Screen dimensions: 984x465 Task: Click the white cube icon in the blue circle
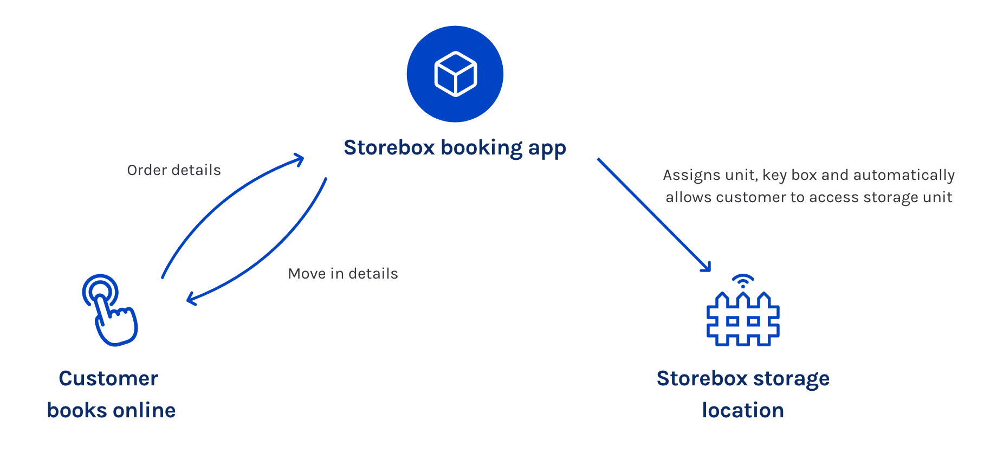point(456,74)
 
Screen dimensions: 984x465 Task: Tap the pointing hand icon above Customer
point(110,310)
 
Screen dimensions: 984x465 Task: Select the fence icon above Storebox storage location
point(743,319)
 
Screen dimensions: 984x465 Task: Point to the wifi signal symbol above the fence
point(743,281)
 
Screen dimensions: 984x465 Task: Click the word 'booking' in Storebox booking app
point(482,148)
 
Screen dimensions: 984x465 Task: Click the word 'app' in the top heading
point(547,149)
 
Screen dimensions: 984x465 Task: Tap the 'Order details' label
point(174,170)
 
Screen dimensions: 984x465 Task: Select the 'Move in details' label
point(343,274)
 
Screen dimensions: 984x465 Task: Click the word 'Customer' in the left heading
point(108,378)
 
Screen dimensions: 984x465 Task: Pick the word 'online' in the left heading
point(144,410)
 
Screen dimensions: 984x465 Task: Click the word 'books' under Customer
point(77,410)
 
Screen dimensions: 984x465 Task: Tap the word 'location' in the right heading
point(743,410)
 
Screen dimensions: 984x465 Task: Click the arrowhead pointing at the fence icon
point(706,267)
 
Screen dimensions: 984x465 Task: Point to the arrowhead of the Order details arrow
point(299,159)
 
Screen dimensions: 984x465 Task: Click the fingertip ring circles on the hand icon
point(100,292)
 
